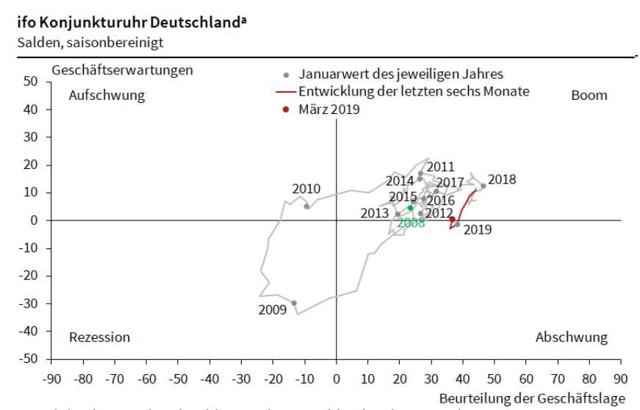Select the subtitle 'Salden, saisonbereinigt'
(91, 42)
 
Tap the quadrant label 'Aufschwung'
(107, 96)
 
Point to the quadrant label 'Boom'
(589, 96)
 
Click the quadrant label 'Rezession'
(99, 337)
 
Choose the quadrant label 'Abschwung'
(571, 337)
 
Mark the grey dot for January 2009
(294, 303)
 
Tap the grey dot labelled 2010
(306, 206)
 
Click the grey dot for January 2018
(483, 186)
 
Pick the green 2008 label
(411, 223)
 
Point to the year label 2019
(478, 230)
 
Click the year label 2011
(441, 167)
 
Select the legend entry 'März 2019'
(329, 109)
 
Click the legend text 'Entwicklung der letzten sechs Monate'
(414, 92)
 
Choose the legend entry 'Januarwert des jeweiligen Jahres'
(400, 74)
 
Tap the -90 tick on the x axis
(51, 379)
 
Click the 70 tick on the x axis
(558, 379)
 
